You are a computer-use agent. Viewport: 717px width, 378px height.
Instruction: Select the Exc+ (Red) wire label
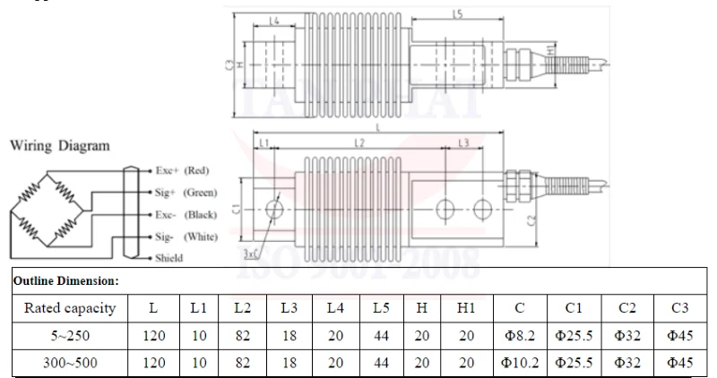click(182, 169)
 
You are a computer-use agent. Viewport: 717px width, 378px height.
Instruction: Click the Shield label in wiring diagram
click(169, 258)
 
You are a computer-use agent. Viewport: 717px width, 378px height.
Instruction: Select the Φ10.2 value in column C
click(520, 363)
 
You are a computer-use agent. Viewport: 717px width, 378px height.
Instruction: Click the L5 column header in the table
click(380, 308)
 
